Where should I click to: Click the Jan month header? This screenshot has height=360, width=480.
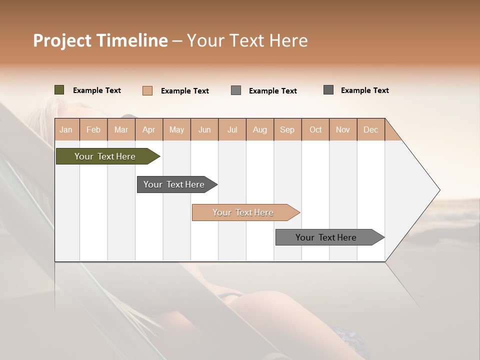66,129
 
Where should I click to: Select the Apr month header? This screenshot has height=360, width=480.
149,129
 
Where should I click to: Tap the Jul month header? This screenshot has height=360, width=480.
232,129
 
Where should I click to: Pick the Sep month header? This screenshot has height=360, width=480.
287,129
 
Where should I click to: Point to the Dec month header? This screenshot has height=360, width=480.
370,129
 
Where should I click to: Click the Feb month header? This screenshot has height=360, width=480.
93,129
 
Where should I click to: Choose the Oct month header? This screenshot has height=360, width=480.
315,129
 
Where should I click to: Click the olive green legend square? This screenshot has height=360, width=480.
59,90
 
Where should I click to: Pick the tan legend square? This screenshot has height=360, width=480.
147,90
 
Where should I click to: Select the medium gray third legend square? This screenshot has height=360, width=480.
236,90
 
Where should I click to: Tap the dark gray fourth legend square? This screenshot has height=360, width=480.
328,90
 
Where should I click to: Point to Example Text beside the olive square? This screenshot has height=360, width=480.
97,90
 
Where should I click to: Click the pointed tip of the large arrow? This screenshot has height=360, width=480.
438,190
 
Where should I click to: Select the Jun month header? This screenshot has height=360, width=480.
204,129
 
